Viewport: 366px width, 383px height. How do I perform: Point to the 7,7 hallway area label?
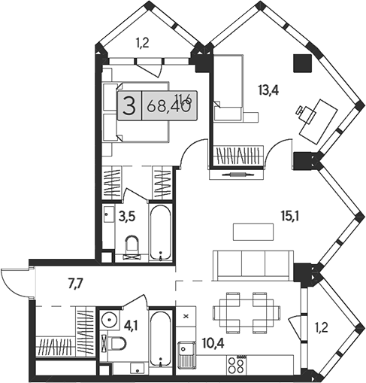tap(76, 284)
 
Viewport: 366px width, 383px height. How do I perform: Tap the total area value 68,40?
tap(170, 106)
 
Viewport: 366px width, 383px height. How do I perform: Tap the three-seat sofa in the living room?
tap(252, 264)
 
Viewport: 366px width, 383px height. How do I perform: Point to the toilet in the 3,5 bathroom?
tap(132, 246)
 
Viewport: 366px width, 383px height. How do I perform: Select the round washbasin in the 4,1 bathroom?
tap(108, 316)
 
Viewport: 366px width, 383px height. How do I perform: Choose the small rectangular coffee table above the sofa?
tap(251, 230)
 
